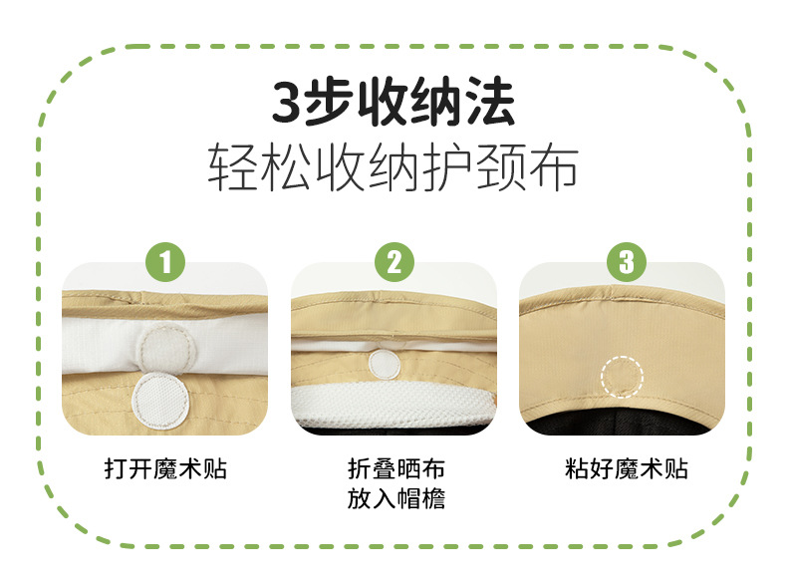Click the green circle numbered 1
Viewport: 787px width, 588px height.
[x=165, y=262]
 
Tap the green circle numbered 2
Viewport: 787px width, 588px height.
[x=394, y=262]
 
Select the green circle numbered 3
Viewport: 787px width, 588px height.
[x=627, y=262]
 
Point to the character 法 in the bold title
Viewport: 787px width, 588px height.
[x=490, y=102]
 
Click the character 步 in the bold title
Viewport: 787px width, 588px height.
[x=329, y=102]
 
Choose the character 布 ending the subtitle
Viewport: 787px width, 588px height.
[x=553, y=167]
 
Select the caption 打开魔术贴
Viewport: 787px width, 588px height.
[x=165, y=469]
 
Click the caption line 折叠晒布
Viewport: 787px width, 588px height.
[x=396, y=469]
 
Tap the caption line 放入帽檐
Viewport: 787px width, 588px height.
[x=396, y=499]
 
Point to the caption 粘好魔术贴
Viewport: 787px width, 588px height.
[x=627, y=469]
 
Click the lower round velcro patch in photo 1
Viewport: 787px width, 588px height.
[x=160, y=402]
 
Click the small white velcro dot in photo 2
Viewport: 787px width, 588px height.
[x=385, y=364]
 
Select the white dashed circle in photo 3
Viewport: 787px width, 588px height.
[x=623, y=377]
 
